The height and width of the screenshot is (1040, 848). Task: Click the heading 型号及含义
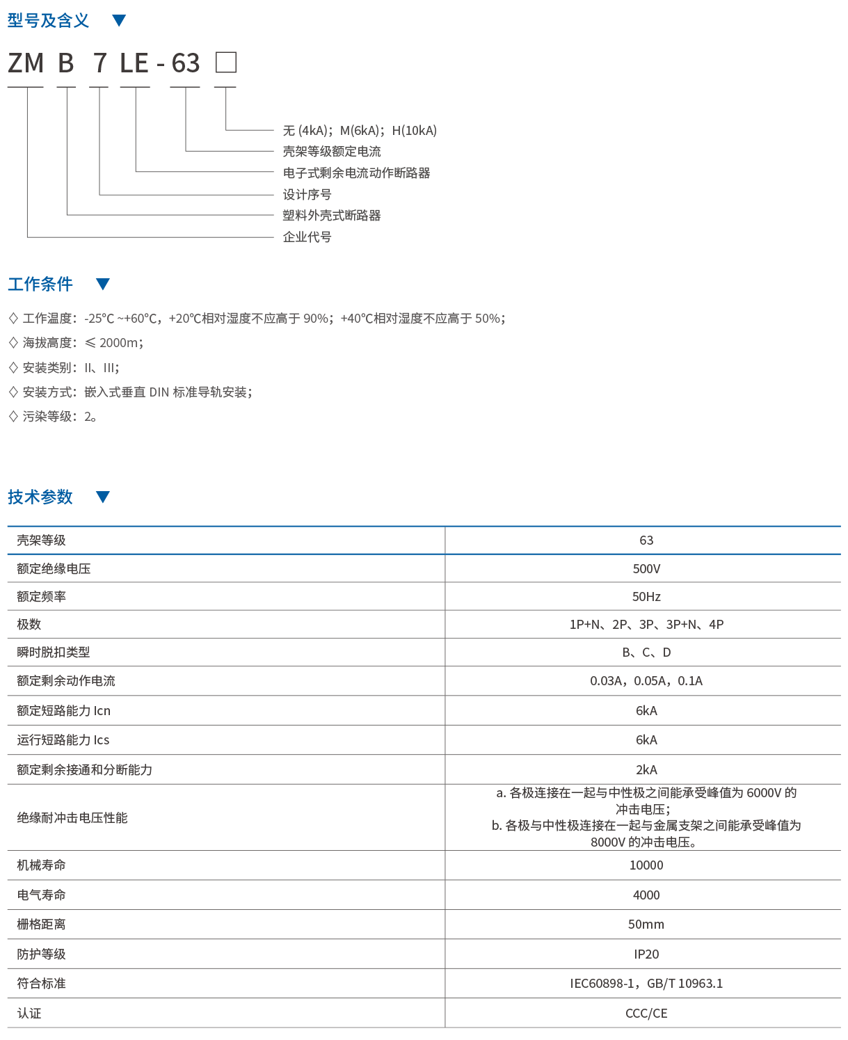48,20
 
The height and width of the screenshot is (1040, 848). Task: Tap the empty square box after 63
226,63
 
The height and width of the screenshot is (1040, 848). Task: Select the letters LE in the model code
134,63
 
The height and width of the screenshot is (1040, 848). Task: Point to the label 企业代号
307,237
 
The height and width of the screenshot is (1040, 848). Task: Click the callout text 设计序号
307,194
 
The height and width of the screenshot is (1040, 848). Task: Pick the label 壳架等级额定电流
331,151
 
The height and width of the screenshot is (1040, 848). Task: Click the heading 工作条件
40,284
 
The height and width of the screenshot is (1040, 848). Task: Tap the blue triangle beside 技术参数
103,497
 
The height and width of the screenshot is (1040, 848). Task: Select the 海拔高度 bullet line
77,342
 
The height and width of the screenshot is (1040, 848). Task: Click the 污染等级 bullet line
53,416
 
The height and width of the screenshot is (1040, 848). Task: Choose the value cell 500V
646,568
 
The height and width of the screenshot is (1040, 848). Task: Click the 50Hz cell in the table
646,596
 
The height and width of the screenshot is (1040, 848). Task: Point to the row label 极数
29,624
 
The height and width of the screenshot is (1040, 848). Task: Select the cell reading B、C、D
646,652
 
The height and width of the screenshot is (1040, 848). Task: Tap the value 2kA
646,769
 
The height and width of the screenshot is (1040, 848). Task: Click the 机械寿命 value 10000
646,865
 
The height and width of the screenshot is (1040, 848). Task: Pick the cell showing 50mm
646,924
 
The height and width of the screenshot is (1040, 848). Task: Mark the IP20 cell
646,954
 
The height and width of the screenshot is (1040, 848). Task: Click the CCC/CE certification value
646,1013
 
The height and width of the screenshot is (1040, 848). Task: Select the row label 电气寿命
41,895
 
